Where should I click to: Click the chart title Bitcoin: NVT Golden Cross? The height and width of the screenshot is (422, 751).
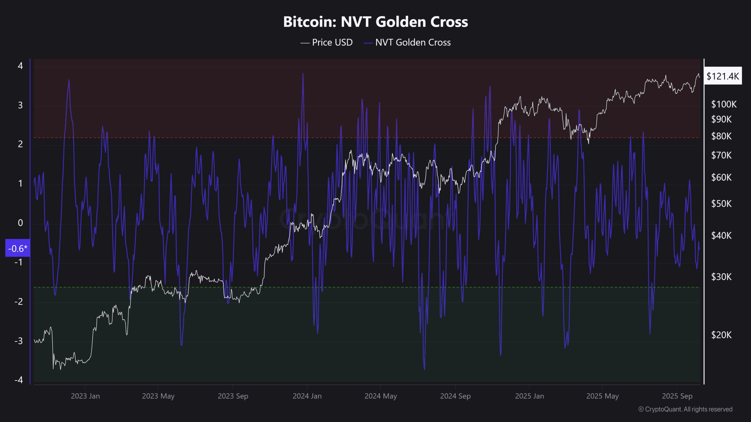375,22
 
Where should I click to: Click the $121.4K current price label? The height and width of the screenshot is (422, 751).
723,76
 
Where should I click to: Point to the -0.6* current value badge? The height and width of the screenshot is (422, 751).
18,249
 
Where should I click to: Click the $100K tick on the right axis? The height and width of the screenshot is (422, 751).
723,104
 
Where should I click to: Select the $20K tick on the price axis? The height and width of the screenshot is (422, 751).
721,335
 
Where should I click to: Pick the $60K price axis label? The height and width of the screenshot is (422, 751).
721,177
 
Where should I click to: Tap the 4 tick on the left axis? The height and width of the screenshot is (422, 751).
20,66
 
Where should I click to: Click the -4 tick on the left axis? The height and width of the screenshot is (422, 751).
19,380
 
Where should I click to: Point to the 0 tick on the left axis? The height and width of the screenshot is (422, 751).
20,223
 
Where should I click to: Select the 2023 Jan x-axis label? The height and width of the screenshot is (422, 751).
85,396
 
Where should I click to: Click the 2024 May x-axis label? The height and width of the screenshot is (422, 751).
380,396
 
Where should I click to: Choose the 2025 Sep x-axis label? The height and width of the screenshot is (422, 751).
677,396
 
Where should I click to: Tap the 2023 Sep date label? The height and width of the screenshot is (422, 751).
233,396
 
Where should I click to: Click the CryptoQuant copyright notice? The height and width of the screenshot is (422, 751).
685,409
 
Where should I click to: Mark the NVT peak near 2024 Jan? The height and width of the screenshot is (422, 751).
303,74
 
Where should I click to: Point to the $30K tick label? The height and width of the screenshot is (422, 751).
721,277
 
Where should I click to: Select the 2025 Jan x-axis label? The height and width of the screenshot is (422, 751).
530,396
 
